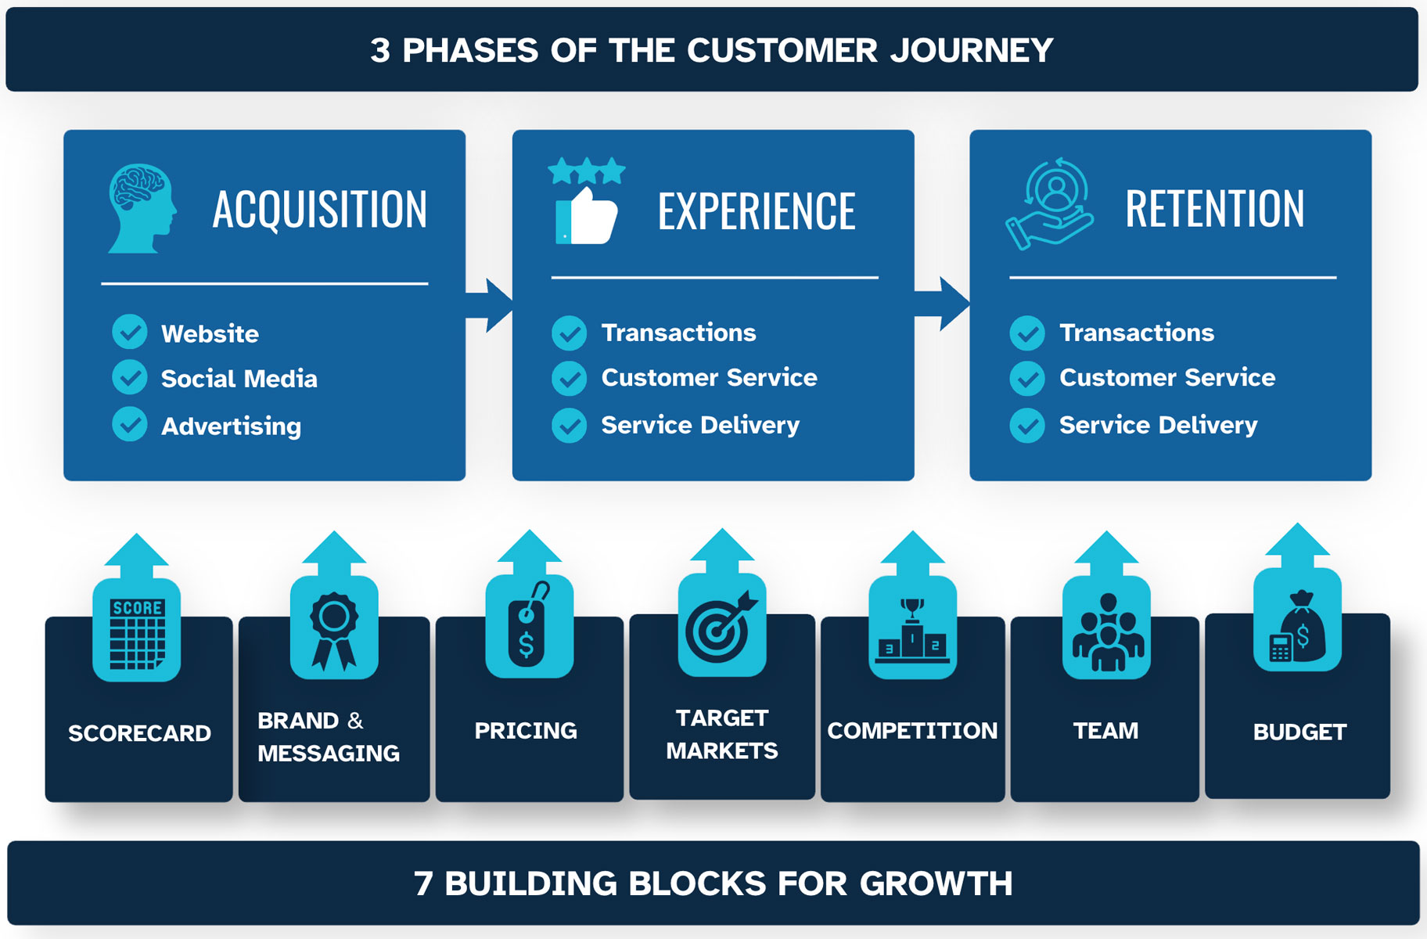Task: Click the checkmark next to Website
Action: (x=130, y=333)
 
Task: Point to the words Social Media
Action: (x=239, y=379)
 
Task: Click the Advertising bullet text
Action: (x=231, y=426)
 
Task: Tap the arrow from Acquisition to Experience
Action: (x=489, y=305)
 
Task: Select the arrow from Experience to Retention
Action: (x=942, y=304)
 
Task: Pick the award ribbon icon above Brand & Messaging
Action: (x=334, y=631)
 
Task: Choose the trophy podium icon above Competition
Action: (x=912, y=631)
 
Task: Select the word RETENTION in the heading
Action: (x=1215, y=209)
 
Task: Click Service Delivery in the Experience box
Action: (x=700, y=425)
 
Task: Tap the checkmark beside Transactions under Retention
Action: (x=1027, y=333)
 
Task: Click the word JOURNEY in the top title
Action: (x=972, y=51)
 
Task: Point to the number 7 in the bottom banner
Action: (x=423, y=884)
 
